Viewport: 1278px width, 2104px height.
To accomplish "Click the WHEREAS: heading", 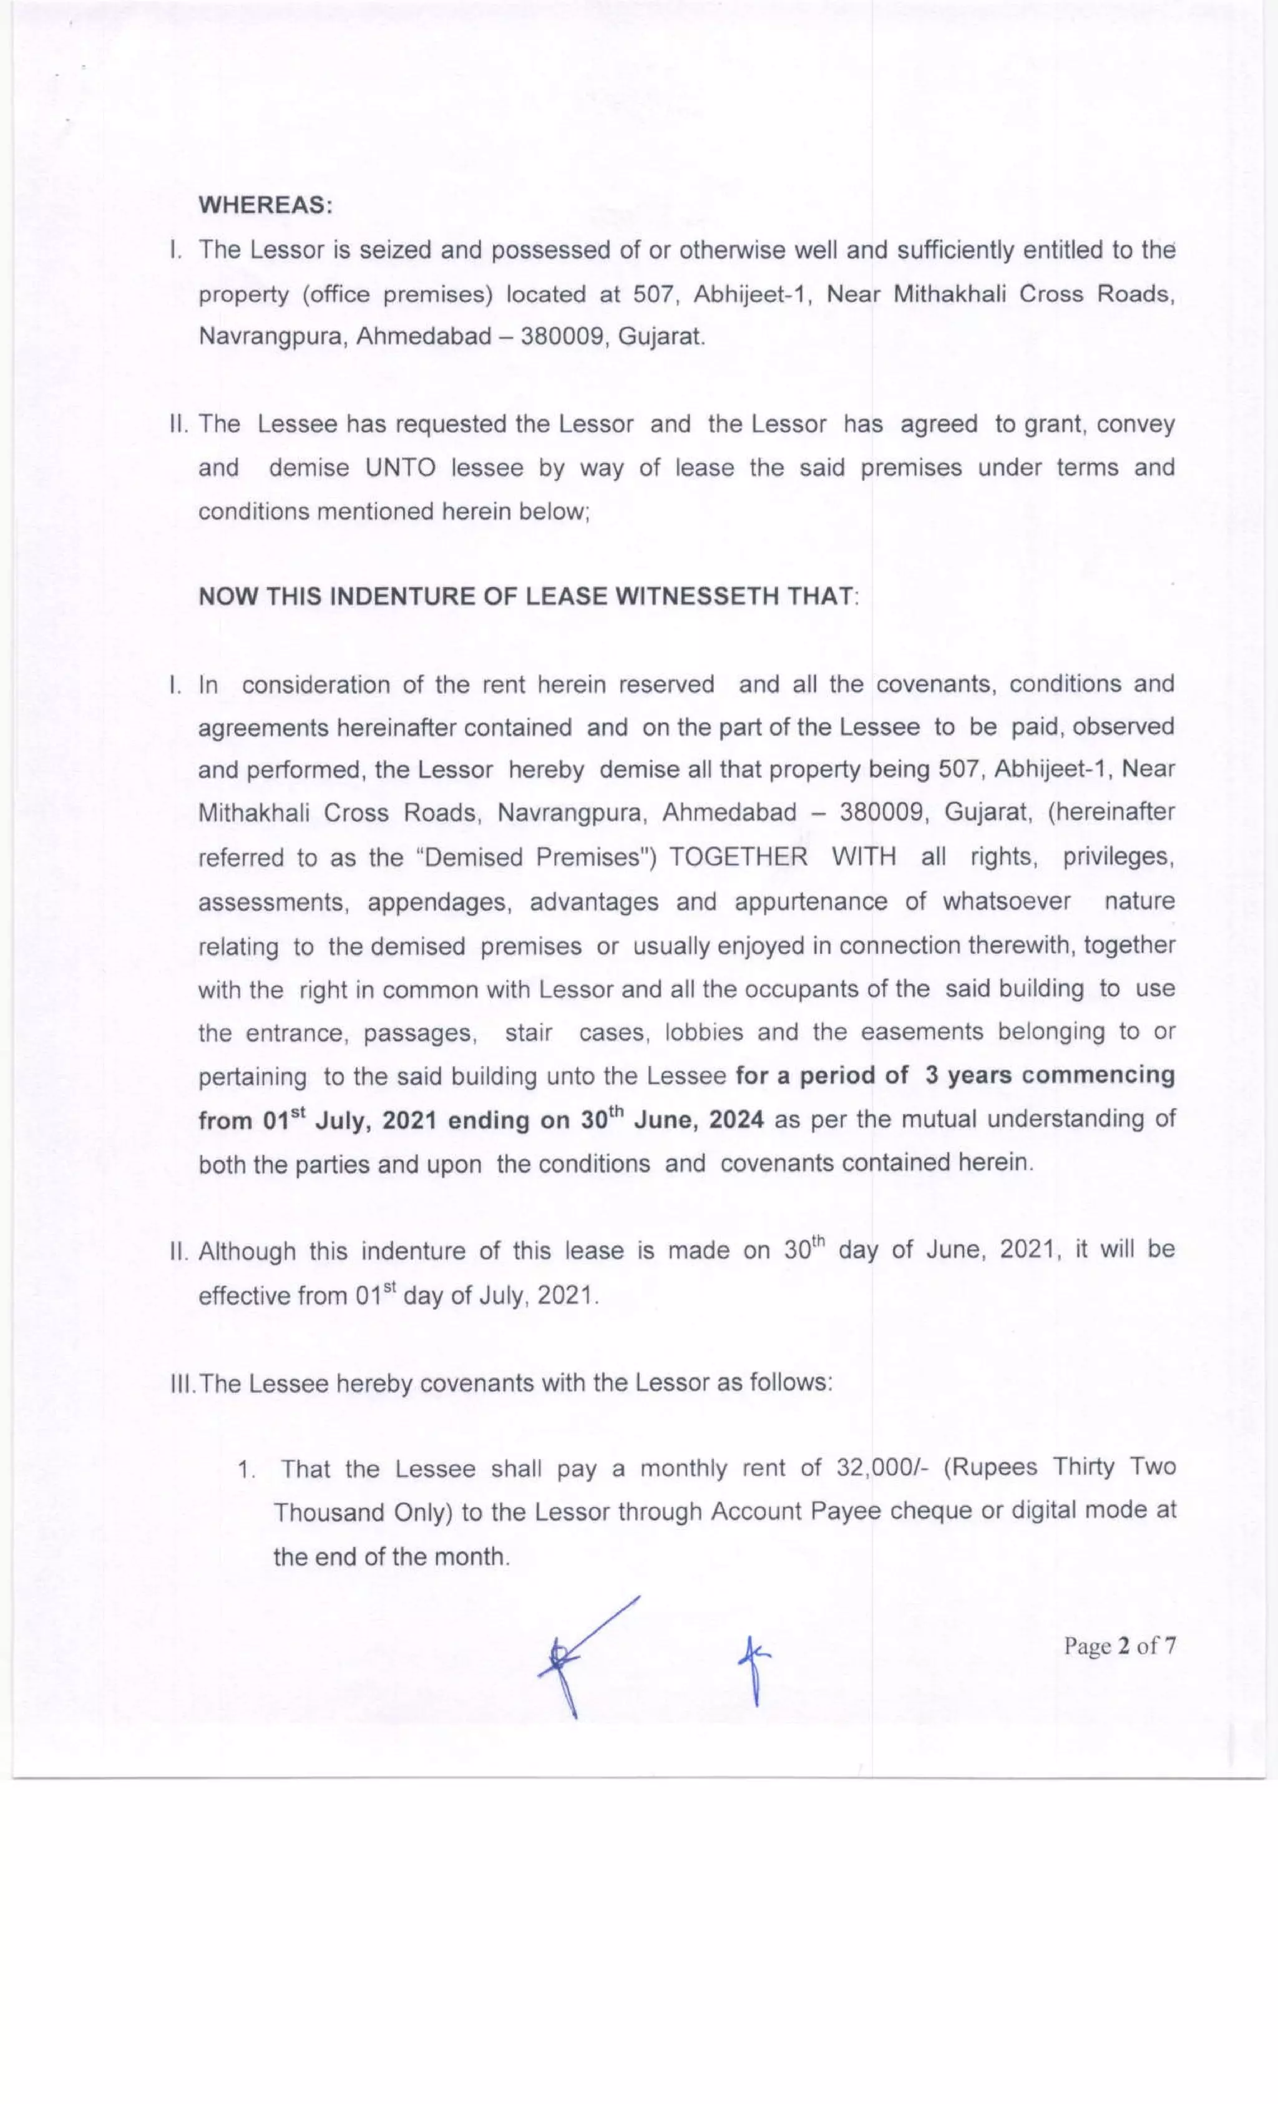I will [266, 205].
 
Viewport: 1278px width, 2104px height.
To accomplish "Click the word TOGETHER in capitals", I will [738, 856].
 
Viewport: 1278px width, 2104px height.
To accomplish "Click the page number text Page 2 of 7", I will [1119, 1646].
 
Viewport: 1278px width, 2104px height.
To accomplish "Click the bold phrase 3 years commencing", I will [1049, 1074].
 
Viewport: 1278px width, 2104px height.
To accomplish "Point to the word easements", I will [922, 1032].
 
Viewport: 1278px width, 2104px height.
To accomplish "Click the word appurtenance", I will [811, 902].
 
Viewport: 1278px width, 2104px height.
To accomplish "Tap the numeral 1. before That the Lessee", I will [247, 1470].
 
